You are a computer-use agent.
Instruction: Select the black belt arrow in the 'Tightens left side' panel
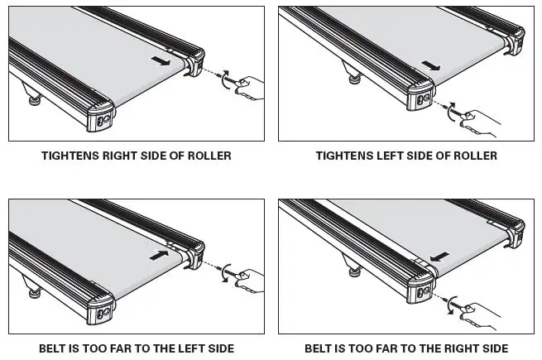point(431,65)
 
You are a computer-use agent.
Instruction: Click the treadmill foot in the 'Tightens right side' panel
point(36,98)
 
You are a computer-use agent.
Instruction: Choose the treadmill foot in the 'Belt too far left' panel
point(36,291)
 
